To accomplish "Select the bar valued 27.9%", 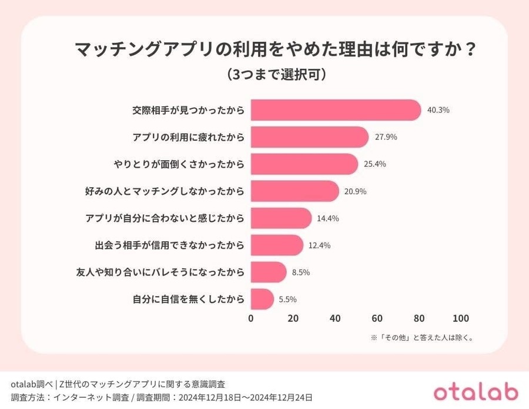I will coord(310,137).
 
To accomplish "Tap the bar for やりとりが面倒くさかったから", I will coord(304,164).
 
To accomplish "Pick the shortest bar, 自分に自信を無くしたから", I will coord(262,299).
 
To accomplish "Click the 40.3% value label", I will coord(438,110).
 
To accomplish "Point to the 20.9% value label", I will coord(356,191).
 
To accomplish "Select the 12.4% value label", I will coord(320,245).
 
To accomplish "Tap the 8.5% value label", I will coord(302,272).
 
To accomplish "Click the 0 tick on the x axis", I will coord(251,318).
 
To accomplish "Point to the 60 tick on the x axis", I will coord(377,318).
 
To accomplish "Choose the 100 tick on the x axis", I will coord(461,318).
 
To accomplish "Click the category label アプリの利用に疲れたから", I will coord(188,137).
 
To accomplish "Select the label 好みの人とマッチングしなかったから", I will coord(165,191).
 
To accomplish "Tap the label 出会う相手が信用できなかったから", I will coord(169,245).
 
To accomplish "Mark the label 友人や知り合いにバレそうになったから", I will coord(160,272).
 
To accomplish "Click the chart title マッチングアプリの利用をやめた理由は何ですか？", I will coord(275,50).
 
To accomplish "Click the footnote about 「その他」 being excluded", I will coord(422,338).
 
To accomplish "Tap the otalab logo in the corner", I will coord(476,392).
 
